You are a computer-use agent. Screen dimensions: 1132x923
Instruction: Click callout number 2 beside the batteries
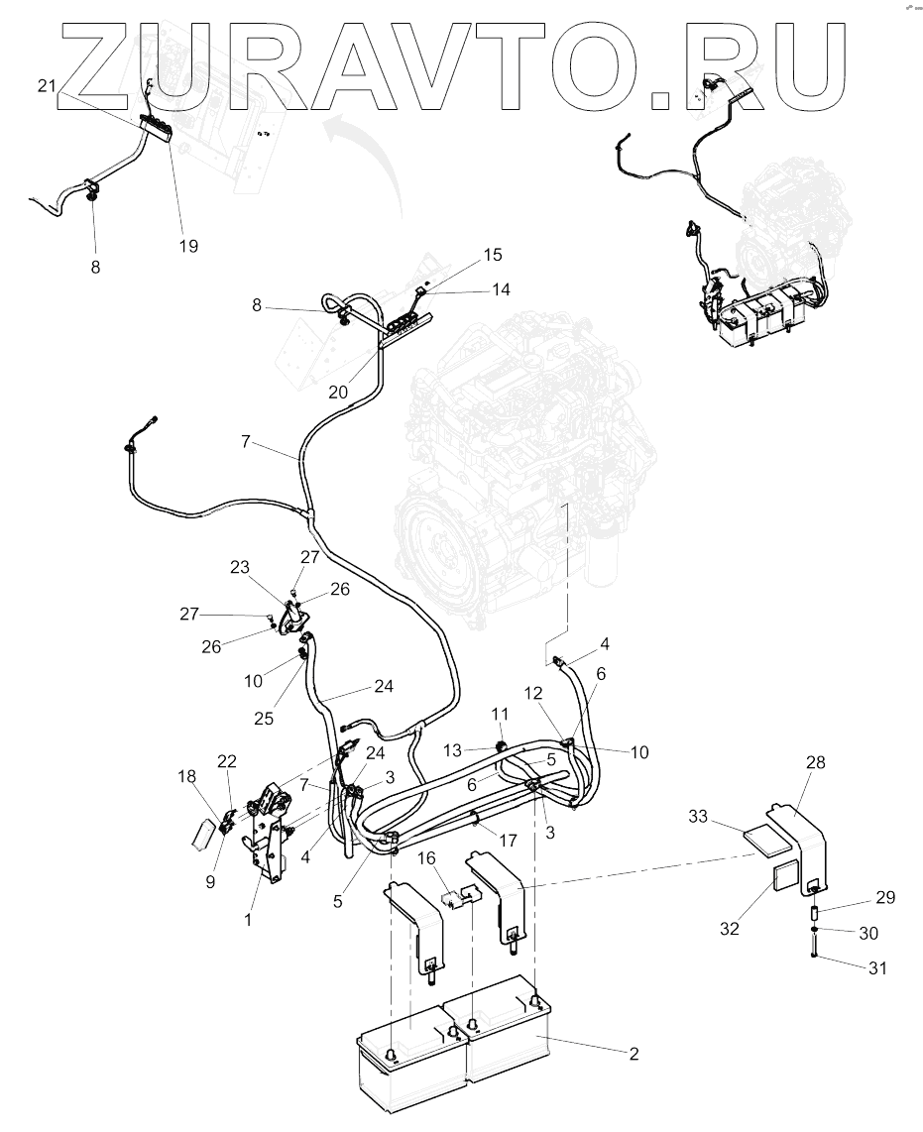[x=633, y=1054]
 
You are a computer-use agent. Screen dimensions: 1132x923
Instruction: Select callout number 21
[x=46, y=87]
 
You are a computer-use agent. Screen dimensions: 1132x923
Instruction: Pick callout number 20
[x=338, y=392]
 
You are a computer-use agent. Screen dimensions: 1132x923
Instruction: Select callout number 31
[x=876, y=967]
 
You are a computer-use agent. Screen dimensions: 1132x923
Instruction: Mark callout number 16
[x=426, y=857]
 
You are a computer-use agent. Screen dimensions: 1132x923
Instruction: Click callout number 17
[x=509, y=840]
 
